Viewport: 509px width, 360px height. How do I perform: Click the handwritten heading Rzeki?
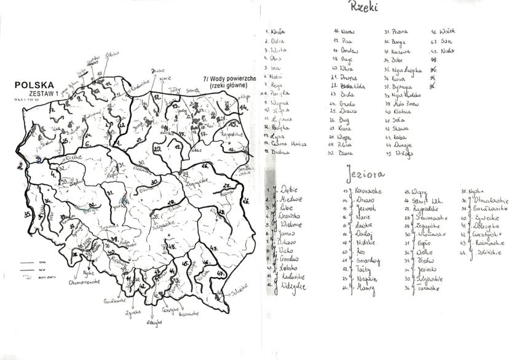click(x=363, y=8)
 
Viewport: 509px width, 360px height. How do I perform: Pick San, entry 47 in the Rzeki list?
click(x=447, y=41)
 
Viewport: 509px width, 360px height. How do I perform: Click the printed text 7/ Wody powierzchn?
click(x=228, y=80)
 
